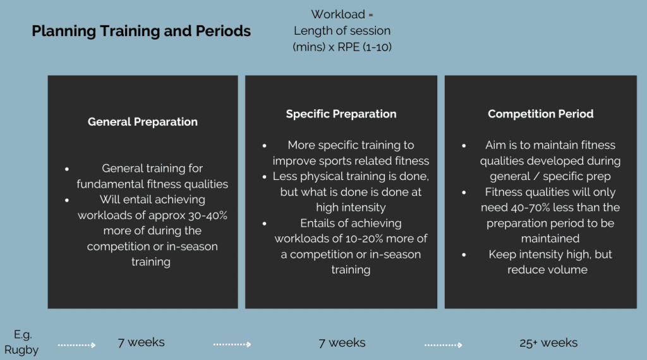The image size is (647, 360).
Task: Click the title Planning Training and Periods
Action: [x=141, y=31]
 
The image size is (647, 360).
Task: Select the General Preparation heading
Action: [x=143, y=122]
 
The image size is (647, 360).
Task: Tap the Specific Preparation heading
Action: [x=341, y=114]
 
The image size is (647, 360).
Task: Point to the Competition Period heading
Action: [x=540, y=114]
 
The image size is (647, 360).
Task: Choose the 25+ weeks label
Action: [x=548, y=343]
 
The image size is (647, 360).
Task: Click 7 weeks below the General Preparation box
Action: [x=142, y=342]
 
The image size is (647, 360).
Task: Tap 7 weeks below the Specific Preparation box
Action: [x=342, y=343]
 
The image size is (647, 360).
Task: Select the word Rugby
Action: [x=21, y=350]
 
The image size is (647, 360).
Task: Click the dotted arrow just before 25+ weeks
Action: [x=443, y=345]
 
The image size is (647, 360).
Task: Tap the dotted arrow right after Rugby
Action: [x=76, y=345]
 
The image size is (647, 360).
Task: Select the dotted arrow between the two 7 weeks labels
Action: [x=232, y=345]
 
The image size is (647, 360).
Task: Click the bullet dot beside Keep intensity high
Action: [x=464, y=255]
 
